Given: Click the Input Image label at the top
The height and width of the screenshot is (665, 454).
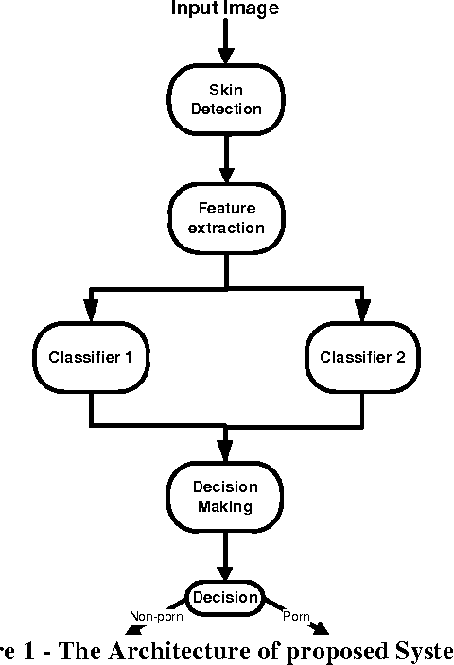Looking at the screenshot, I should coord(225,9).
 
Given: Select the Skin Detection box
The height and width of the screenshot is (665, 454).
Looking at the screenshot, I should coord(225,99).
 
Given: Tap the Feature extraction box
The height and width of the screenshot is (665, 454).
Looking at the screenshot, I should coord(226,218).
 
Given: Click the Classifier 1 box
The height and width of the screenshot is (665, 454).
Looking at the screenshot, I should coord(91,357).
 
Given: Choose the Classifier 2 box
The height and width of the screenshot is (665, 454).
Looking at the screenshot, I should coord(361,357).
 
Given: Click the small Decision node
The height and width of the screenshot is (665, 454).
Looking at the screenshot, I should coord(225,597).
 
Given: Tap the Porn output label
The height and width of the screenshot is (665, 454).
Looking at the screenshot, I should coord(296,617).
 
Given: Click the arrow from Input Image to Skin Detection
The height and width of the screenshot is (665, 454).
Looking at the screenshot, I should coord(225,43).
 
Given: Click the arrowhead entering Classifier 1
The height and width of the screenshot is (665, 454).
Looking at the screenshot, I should coord(91,310).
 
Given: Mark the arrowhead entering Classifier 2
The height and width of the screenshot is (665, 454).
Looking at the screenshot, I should coord(361,310).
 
